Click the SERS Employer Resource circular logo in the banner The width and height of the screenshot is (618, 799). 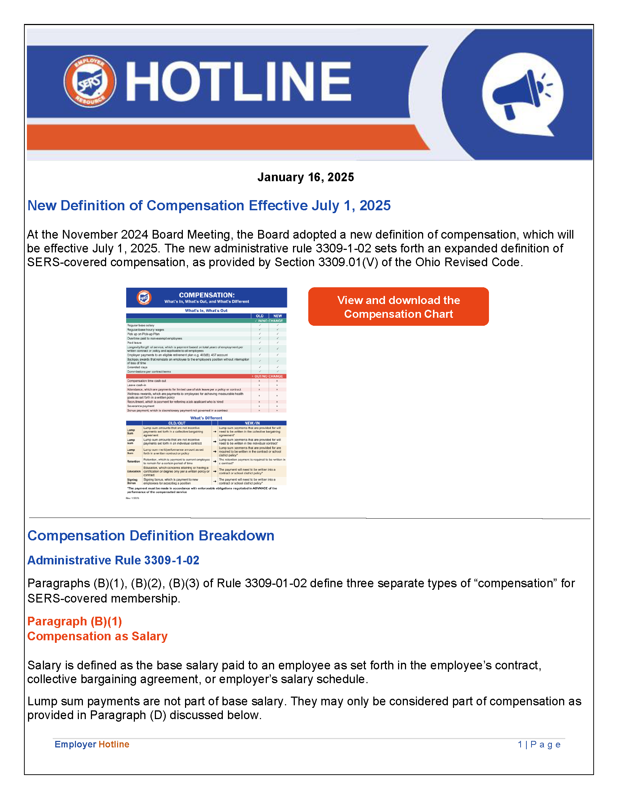click(x=90, y=81)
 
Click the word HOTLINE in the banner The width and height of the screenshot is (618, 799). click(x=239, y=81)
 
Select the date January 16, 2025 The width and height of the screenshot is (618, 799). click(x=305, y=178)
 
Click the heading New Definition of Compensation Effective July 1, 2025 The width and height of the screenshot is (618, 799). click(x=209, y=206)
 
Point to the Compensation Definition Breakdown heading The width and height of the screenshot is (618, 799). click(x=151, y=536)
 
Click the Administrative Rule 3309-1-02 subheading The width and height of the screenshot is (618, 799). click(x=113, y=560)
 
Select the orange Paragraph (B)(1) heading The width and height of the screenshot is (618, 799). click(x=75, y=621)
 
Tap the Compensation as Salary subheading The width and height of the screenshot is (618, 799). click(x=97, y=636)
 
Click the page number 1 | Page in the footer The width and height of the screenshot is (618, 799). click(x=539, y=745)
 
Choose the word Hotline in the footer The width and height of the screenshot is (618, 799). click(x=114, y=745)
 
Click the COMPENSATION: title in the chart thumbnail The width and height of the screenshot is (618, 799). click(x=206, y=295)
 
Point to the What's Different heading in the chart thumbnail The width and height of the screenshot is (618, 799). click(x=206, y=418)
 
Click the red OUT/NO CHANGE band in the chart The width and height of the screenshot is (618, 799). click(x=206, y=376)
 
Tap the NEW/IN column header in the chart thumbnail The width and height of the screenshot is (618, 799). click(x=252, y=423)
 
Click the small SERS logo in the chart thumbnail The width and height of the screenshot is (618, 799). click(x=144, y=297)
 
